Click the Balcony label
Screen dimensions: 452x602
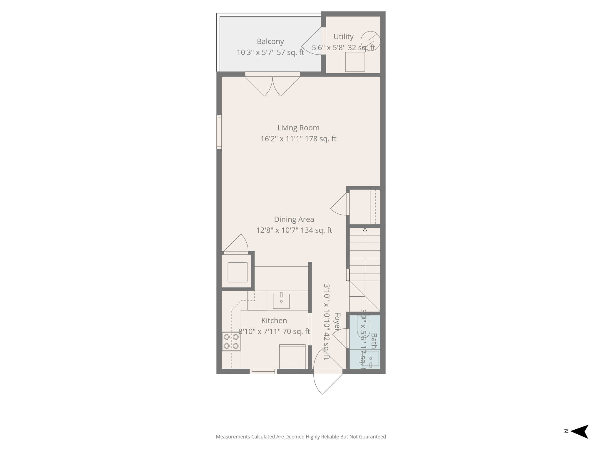(x=270, y=41)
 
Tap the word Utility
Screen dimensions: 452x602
(x=343, y=37)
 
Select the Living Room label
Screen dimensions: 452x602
(x=298, y=128)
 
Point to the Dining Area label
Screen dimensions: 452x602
(x=294, y=219)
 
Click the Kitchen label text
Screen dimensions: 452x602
(x=274, y=320)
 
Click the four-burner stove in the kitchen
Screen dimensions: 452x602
(x=231, y=341)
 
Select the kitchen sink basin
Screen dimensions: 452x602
(x=281, y=301)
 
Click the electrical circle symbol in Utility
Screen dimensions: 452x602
(x=370, y=41)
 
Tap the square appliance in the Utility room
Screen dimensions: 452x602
(x=355, y=62)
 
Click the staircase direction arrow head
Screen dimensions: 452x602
(x=365, y=230)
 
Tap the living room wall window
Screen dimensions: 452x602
(x=219, y=132)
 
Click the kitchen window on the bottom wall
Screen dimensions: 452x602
(x=263, y=372)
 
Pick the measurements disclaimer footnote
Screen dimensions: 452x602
(x=301, y=437)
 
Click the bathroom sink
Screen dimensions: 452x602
(x=371, y=359)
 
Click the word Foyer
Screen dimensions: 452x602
(x=337, y=322)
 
